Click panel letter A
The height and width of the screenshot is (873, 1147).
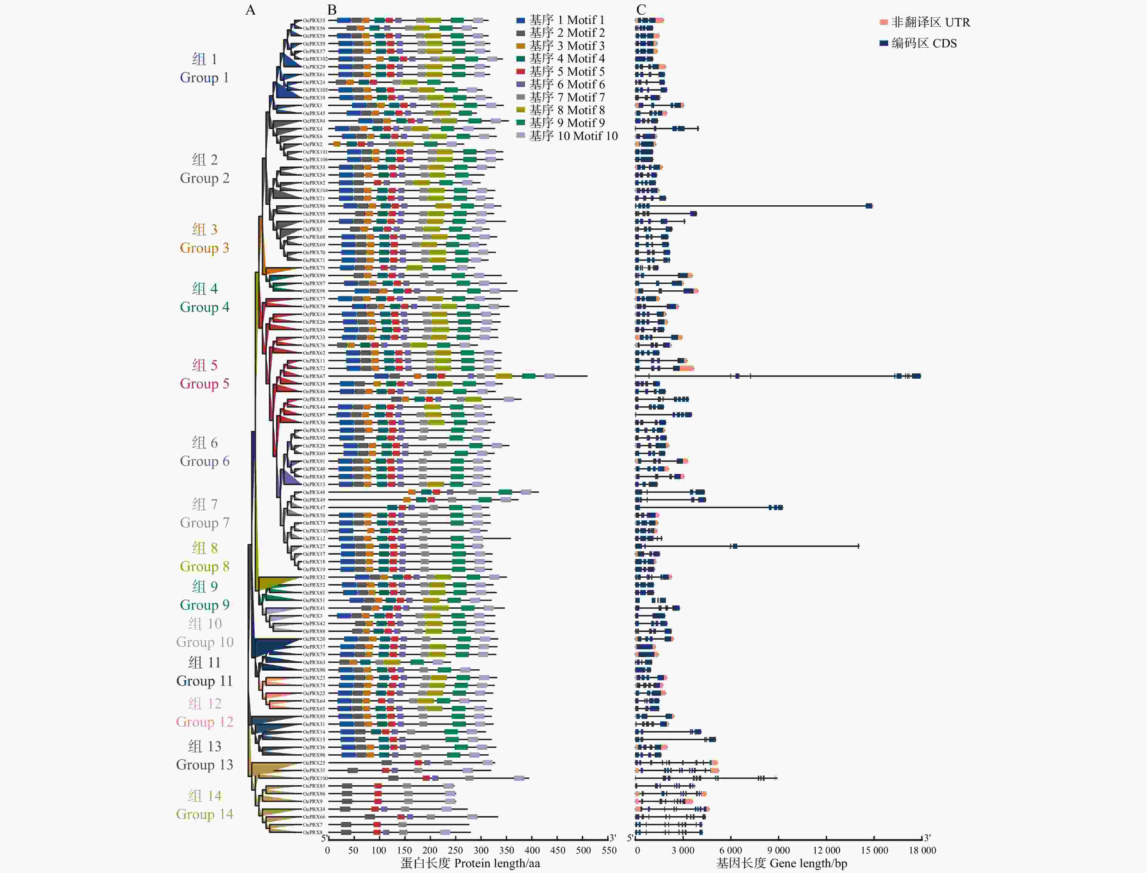(250, 10)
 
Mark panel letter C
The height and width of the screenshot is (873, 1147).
(641, 10)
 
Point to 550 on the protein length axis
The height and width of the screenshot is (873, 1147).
(609, 850)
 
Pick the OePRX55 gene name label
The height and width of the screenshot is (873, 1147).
(314, 21)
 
